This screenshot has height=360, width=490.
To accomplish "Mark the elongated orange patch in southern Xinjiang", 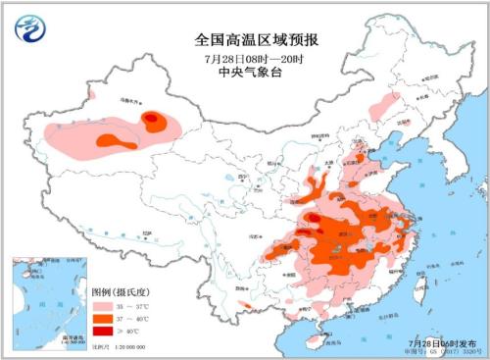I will pos(116,143).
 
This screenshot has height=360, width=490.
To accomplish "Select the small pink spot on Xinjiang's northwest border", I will pos(89,95).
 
